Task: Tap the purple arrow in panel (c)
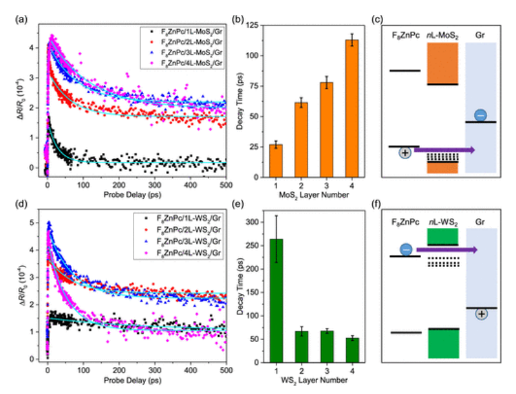coord(445,150)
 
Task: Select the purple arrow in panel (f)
coord(445,250)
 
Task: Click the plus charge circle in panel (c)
coord(405,152)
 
